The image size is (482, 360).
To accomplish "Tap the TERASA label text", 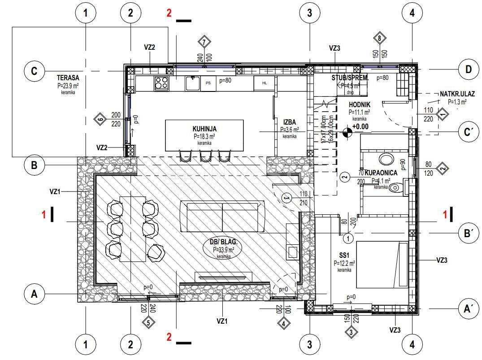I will click(x=68, y=78).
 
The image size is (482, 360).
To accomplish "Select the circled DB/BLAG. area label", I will click(x=223, y=246).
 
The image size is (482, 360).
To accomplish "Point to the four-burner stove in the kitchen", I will click(x=162, y=83).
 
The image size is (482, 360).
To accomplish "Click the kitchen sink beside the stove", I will click(x=193, y=82).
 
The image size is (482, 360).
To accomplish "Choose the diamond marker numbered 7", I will click(x=204, y=42).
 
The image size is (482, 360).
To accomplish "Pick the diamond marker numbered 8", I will click(x=379, y=39).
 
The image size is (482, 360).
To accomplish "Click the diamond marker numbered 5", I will click(x=148, y=322).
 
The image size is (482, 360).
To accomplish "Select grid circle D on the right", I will click(x=469, y=69).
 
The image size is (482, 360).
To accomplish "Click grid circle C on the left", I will click(x=34, y=71).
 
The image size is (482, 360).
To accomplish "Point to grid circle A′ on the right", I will click(x=469, y=308).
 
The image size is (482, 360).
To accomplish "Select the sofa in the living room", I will click(x=221, y=217).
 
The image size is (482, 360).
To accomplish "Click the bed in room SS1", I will click(x=382, y=265).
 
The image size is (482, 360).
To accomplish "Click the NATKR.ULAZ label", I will click(x=457, y=94).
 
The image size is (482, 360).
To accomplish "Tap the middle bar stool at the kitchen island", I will click(x=206, y=156).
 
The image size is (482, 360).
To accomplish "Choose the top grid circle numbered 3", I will click(x=309, y=13).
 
